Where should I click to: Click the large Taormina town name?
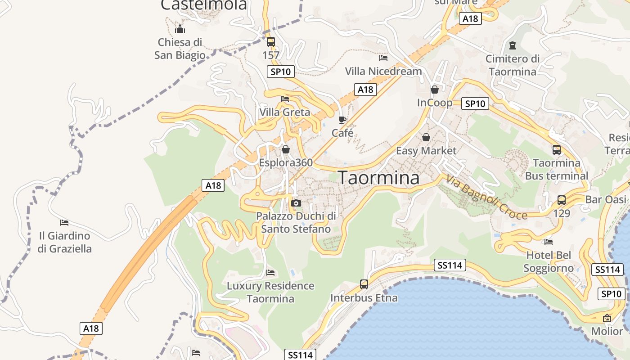(x=378, y=178)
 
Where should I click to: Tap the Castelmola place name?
(x=204, y=4)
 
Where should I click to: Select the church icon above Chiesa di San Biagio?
(x=180, y=29)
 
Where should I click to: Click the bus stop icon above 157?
(x=271, y=42)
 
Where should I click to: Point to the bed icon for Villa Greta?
(x=285, y=99)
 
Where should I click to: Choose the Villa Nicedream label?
(x=383, y=71)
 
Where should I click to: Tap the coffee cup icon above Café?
(x=342, y=120)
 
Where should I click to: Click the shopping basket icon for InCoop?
(x=434, y=90)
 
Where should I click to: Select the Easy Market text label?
(x=426, y=151)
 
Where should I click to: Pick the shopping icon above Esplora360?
(x=285, y=149)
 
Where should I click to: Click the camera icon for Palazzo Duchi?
(x=296, y=203)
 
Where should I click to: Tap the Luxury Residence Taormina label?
(x=270, y=292)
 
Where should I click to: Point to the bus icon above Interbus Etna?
(x=364, y=284)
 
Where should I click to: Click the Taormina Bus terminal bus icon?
(x=557, y=150)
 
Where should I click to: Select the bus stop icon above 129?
(x=562, y=200)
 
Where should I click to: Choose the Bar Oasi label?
(x=606, y=199)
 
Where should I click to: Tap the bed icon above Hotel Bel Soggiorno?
(x=548, y=242)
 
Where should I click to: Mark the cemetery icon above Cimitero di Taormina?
(x=512, y=45)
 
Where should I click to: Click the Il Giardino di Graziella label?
(x=64, y=242)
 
